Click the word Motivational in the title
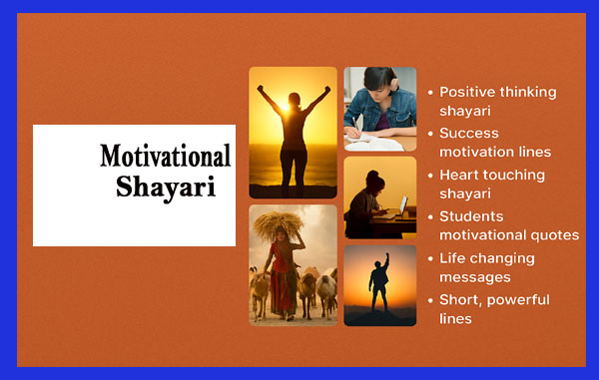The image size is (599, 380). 165,157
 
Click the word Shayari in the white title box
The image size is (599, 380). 165,187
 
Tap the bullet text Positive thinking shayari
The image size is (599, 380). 497,101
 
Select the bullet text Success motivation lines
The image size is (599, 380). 495,143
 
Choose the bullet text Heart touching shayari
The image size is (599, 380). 492,184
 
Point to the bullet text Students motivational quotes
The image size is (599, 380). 509,225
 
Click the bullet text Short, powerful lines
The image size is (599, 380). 494,309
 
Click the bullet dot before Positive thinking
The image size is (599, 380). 430,92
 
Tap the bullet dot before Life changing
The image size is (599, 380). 430,259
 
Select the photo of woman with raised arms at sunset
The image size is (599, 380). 293,133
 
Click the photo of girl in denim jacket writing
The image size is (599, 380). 379,109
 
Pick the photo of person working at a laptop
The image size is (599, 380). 379,197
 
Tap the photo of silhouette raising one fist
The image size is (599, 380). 379,285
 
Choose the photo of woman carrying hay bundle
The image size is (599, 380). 293,265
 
